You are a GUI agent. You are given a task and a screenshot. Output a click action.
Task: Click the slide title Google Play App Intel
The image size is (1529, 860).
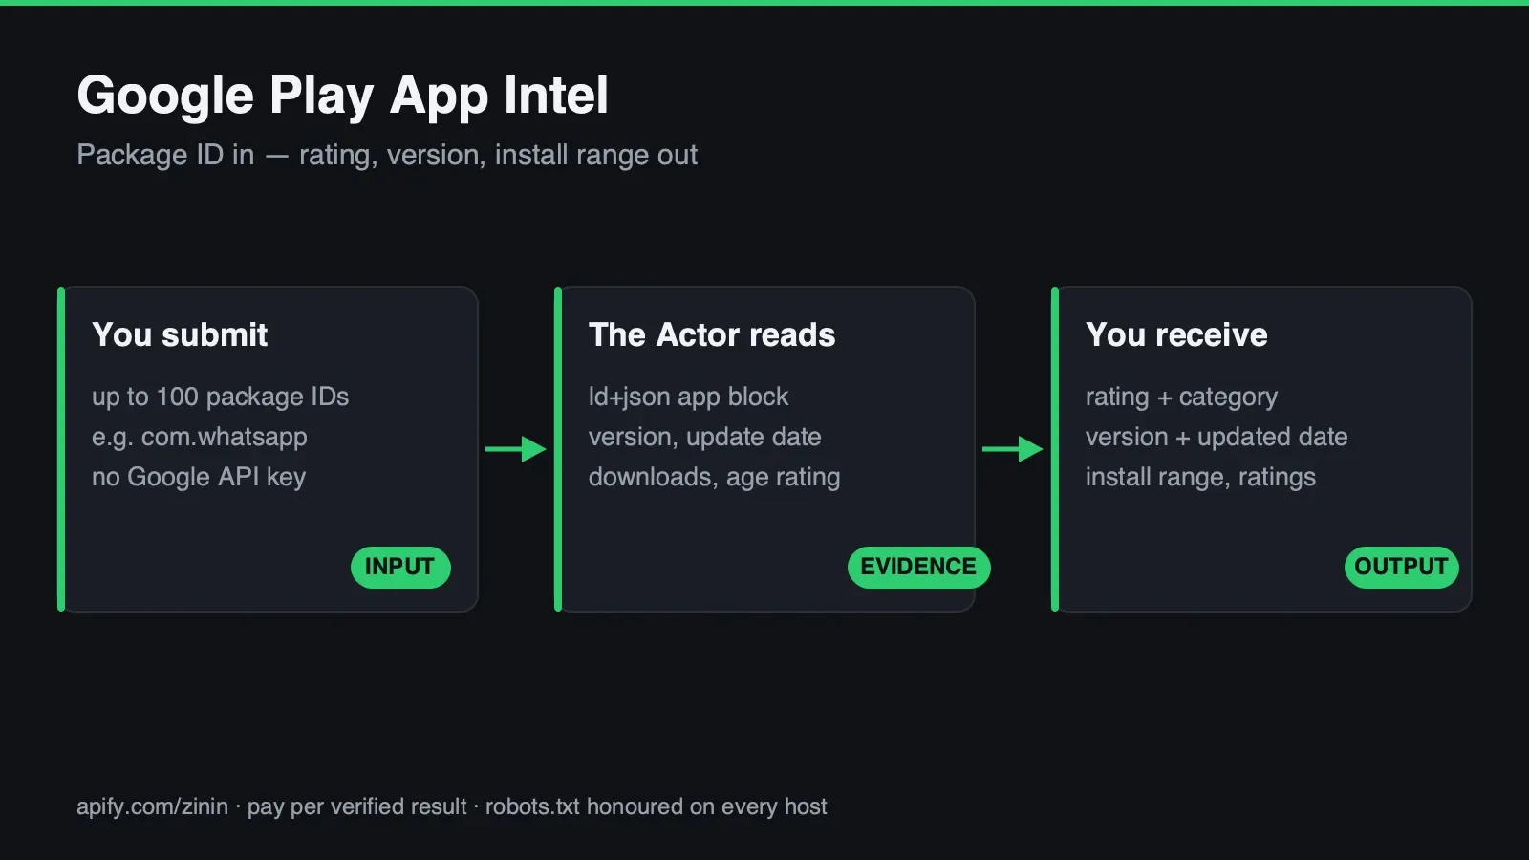(x=342, y=97)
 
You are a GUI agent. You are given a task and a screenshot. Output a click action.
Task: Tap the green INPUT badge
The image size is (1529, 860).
(x=400, y=568)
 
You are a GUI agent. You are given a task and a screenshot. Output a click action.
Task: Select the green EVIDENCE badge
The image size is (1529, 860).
(x=918, y=568)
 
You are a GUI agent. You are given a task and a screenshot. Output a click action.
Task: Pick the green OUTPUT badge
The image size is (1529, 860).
(x=1401, y=568)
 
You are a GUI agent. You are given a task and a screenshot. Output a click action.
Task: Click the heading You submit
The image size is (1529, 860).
(x=180, y=335)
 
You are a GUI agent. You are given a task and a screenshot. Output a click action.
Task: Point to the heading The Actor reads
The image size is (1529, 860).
(x=712, y=335)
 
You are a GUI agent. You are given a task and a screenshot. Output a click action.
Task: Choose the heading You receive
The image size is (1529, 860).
(x=1176, y=335)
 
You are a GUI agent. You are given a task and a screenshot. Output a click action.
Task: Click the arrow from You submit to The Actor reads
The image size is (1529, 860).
(x=516, y=449)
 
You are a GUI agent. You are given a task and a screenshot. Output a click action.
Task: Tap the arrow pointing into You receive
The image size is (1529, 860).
(x=1013, y=449)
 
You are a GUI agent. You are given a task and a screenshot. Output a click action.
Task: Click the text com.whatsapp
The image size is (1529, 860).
(x=224, y=438)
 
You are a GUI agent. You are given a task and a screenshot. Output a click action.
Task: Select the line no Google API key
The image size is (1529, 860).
(x=199, y=477)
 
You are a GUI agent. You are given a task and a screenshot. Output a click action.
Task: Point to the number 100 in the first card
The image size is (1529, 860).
(x=178, y=398)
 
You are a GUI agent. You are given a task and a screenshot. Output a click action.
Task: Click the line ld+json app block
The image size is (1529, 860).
(x=688, y=398)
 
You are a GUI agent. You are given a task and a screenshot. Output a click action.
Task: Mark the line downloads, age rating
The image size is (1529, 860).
(x=714, y=477)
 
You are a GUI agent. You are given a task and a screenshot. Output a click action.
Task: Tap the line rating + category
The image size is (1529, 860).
(x=1181, y=398)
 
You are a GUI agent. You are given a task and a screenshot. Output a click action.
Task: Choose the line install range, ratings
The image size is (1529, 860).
(x=1200, y=477)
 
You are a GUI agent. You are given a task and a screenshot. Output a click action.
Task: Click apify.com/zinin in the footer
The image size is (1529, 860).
(x=152, y=807)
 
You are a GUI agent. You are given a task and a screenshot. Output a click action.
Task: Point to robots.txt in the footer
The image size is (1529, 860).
(x=532, y=806)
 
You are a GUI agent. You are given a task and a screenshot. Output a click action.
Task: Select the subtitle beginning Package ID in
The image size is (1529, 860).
(x=387, y=156)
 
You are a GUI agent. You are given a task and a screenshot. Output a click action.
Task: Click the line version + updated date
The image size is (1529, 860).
(x=1217, y=438)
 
